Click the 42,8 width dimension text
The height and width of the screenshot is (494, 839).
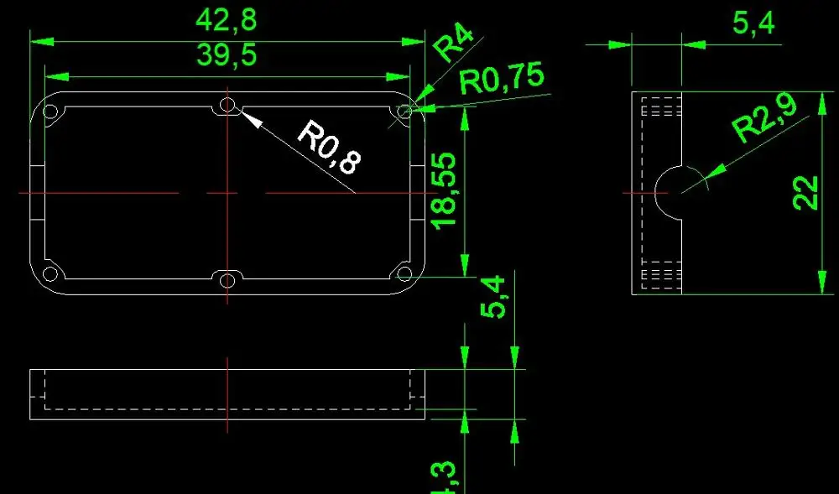pos(226,18)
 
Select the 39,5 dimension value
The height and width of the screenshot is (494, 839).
pos(226,55)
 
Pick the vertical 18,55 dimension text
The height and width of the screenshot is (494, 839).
pos(444,190)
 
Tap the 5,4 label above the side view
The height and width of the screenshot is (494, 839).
pos(753,23)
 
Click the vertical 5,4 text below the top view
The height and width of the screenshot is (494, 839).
pos(494,297)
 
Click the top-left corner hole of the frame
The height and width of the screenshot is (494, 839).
pos(50,112)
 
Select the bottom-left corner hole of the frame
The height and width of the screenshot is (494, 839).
pos(50,273)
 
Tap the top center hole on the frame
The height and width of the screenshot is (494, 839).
pos(227,105)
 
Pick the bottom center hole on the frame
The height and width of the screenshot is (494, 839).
pos(227,280)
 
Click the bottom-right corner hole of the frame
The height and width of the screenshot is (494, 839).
pos(404,273)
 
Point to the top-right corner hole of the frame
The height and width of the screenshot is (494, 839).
pos(404,111)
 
